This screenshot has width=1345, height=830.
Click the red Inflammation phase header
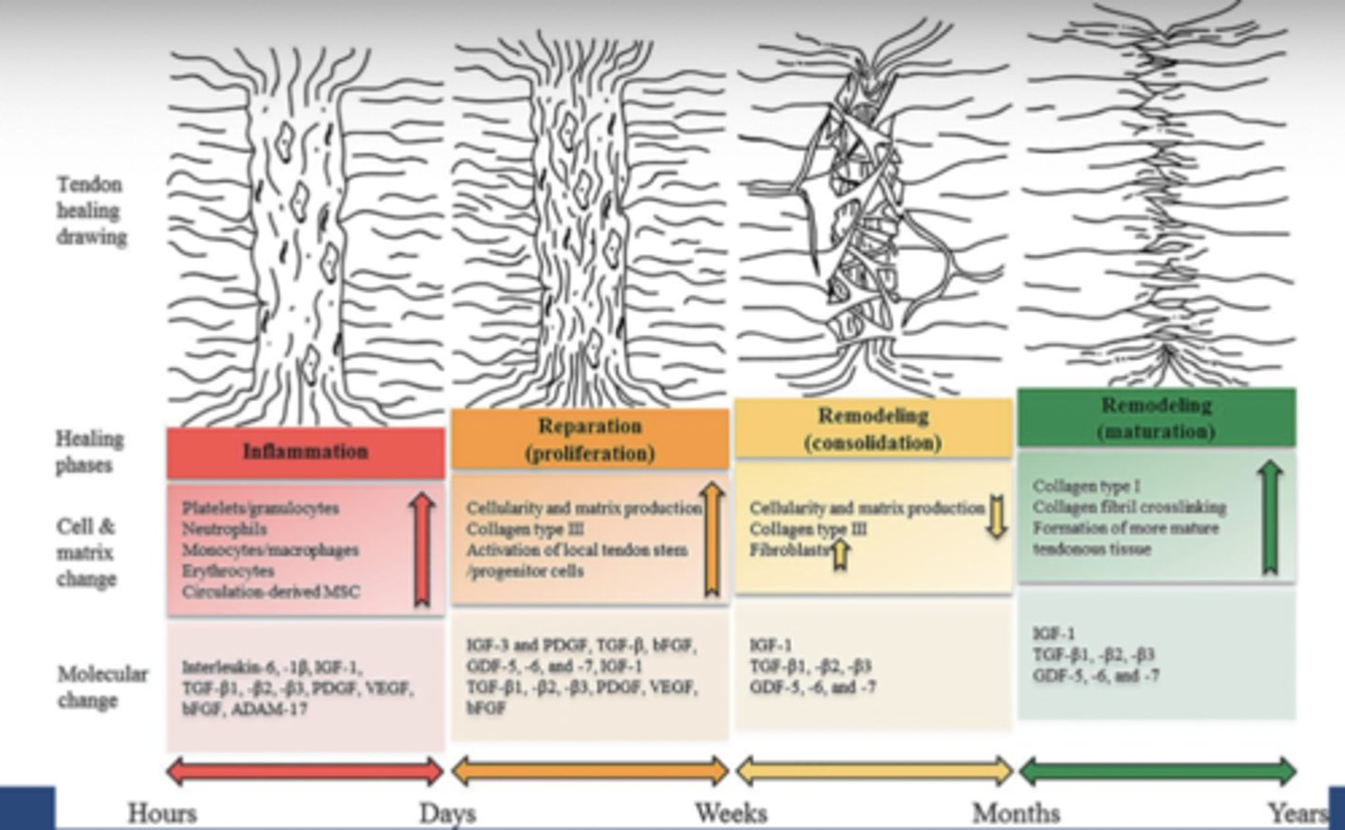(x=305, y=452)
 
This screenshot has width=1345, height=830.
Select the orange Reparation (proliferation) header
(x=589, y=440)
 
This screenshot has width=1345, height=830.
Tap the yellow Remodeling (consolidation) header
(x=873, y=429)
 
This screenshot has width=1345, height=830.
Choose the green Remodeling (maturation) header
(x=1156, y=418)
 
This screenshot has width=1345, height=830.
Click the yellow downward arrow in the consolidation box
(x=998, y=517)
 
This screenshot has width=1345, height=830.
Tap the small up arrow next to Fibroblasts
(x=840, y=554)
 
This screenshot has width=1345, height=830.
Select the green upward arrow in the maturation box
(x=1267, y=517)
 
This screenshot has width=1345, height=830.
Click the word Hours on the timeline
(x=162, y=812)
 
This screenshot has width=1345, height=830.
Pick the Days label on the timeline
(x=447, y=812)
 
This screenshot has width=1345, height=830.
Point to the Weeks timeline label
(x=730, y=812)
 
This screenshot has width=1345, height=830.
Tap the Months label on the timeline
(x=1015, y=812)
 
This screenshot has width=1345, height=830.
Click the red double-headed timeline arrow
(x=304, y=771)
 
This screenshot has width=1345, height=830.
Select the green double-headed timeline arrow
(x=1157, y=771)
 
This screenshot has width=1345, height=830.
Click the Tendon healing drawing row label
(x=91, y=210)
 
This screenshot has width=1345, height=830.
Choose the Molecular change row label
(x=102, y=686)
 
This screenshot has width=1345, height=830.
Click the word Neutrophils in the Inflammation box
(x=223, y=528)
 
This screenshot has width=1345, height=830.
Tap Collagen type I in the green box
(x=1086, y=486)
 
